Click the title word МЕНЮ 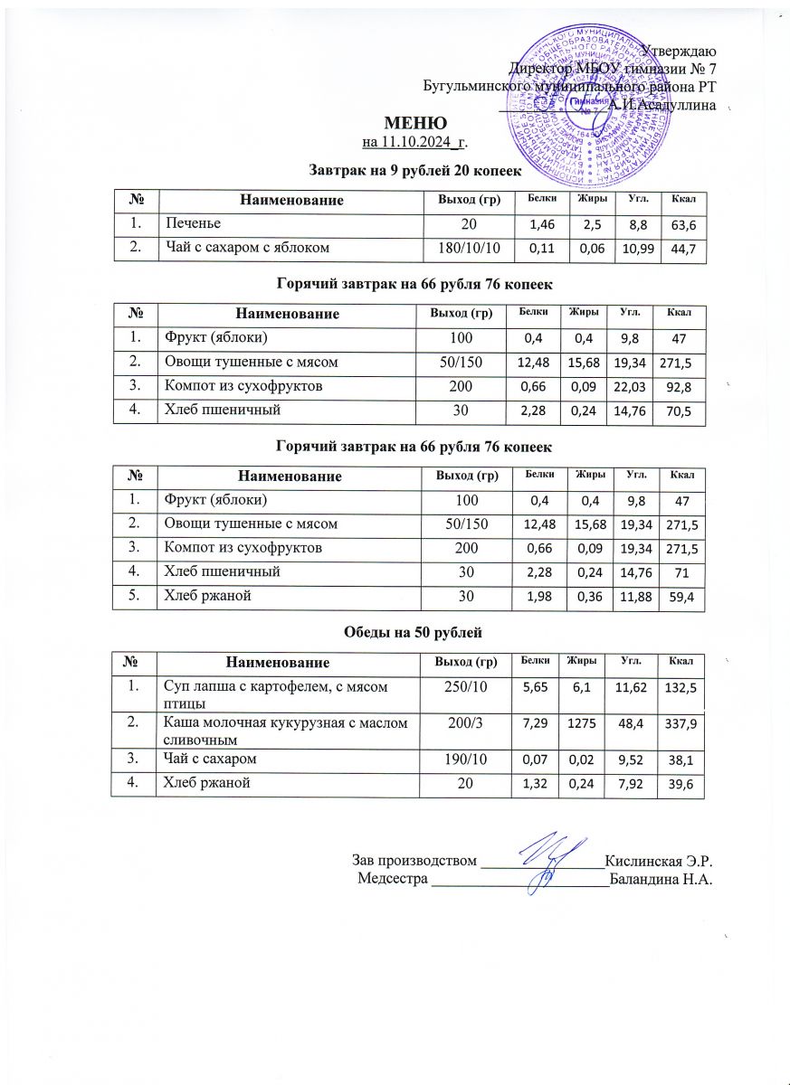click(x=415, y=124)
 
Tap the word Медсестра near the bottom click(x=393, y=879)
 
